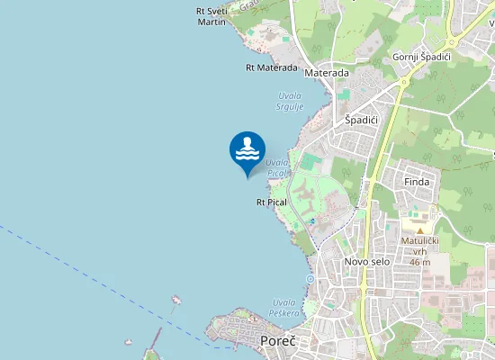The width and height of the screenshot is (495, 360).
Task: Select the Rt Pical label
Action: [271, 202]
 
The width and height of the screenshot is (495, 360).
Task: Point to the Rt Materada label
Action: [271, 67]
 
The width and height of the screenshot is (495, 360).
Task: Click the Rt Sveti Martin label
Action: [211, 15]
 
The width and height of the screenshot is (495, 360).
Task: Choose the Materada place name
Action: [327, 72]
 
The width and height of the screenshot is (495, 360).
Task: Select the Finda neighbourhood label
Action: [417, 182]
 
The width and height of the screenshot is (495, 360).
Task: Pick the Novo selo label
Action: [365, 261]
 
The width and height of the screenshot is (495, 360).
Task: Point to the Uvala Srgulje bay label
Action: [289, 101]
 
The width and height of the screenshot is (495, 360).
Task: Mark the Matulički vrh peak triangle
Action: [418, 230]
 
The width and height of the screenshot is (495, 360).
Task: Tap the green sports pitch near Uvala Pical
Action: [310, 163]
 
